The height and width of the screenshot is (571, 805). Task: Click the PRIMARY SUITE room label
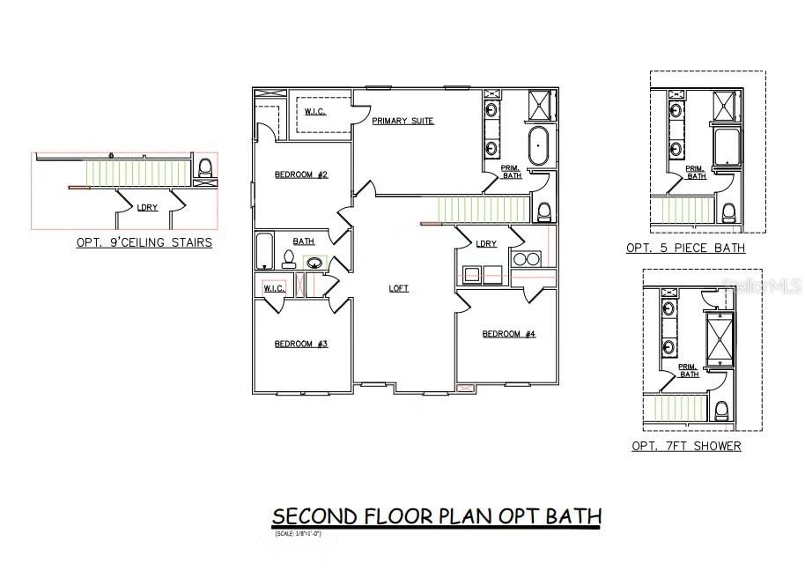tap(402, 121)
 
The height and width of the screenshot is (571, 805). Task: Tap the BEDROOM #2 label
tap(301, 174)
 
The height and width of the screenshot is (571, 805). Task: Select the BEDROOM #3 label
tap(301, 344)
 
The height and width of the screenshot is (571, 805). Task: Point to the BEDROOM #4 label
tap(509, 334)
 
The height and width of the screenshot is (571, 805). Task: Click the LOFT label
tap(399, 288)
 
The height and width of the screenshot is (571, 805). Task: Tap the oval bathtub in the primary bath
tap(537, 145)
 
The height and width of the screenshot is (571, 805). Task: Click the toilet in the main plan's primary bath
tap(544, 211)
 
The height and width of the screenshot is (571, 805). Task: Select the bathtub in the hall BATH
tap(264, 251)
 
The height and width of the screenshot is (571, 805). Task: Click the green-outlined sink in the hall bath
tap(314, 262)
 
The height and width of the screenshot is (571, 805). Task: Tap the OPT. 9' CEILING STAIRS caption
tap(144, 242)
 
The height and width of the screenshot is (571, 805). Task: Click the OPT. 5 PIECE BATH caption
tap(685, 248)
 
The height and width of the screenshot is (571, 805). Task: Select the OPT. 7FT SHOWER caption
tap(686, 446)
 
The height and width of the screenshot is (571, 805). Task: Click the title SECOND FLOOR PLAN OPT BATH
tap(436, 515)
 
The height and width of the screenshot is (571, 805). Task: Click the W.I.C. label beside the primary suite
tap(316, 111)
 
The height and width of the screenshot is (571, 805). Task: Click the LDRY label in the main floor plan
tap(486, 244)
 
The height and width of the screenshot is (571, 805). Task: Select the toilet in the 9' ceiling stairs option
tap(205, 168)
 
